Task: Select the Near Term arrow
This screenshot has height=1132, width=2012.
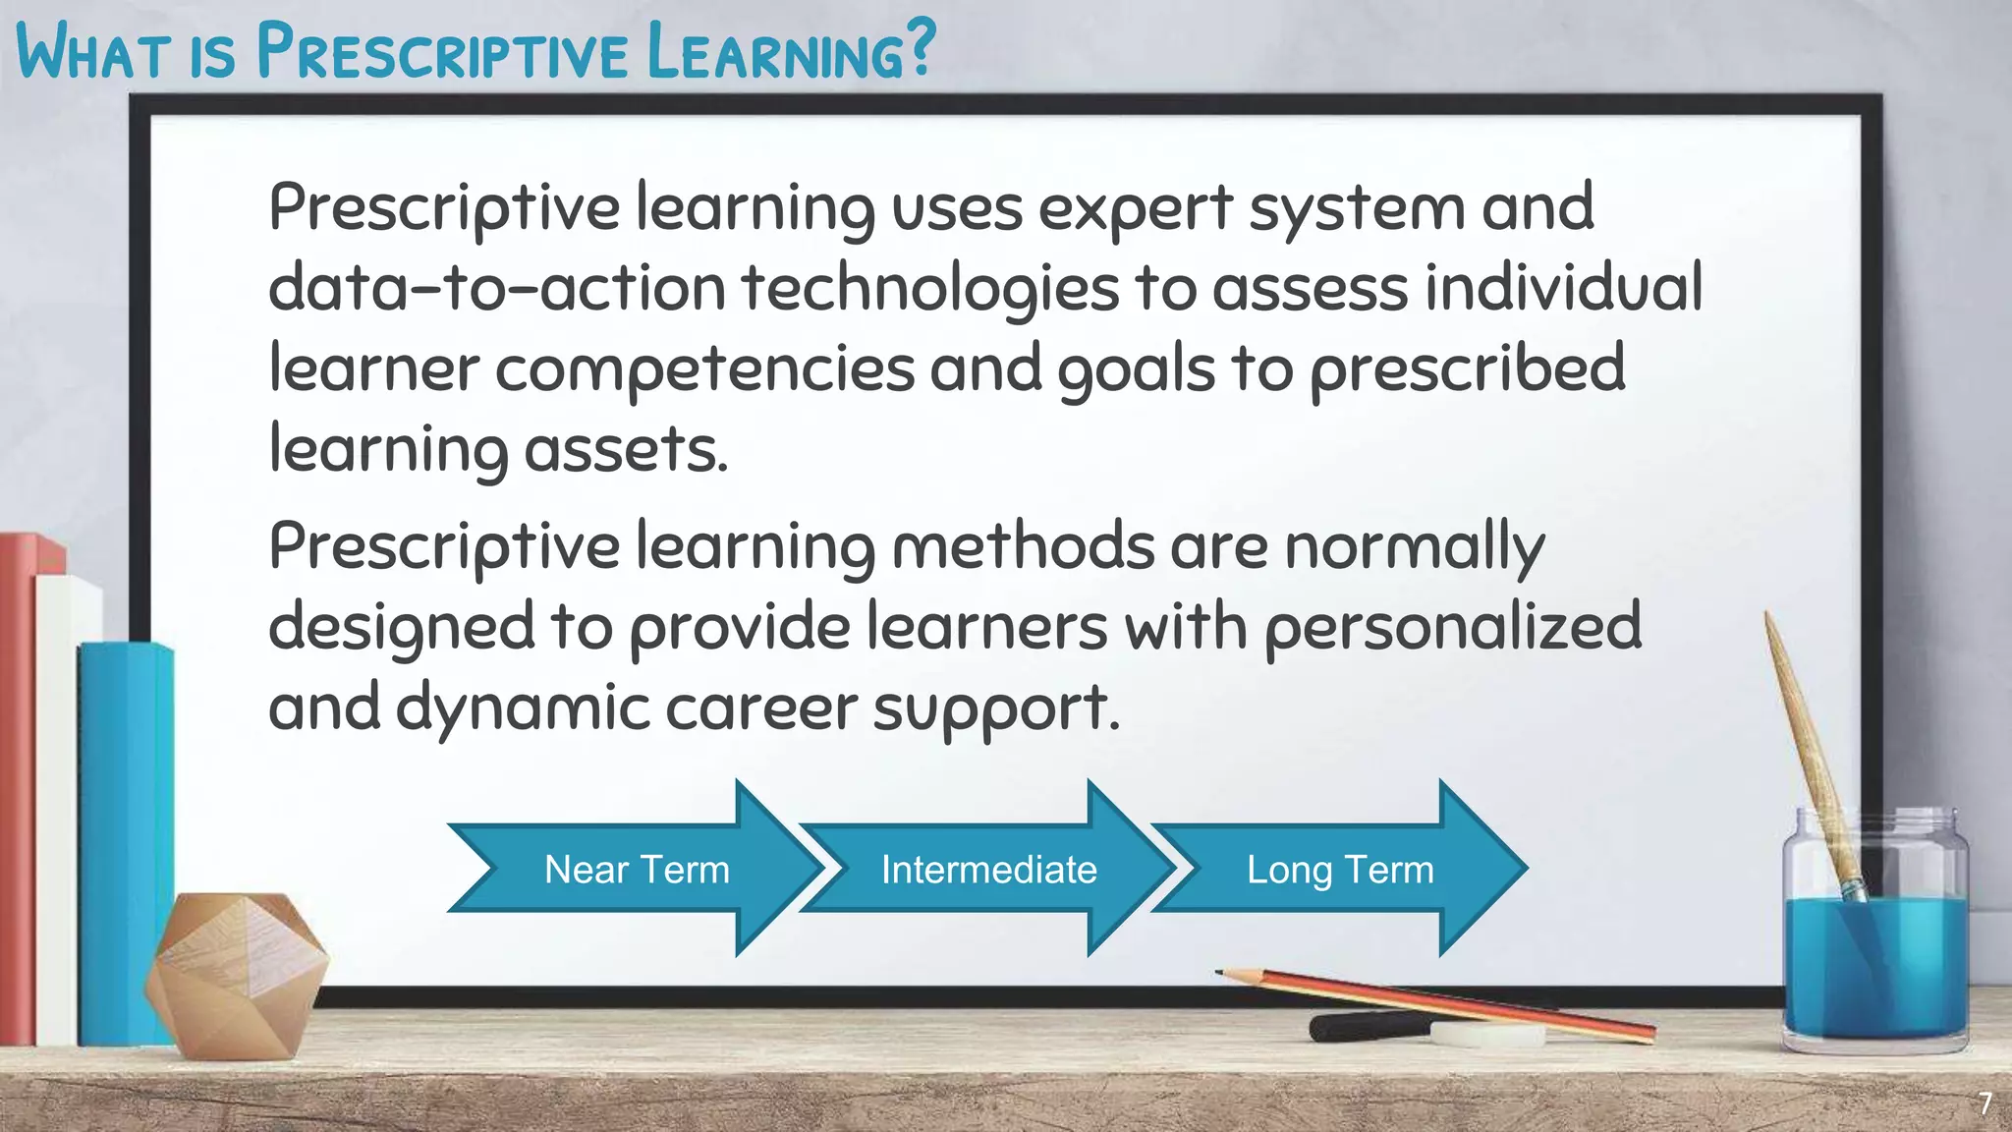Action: point(637,869)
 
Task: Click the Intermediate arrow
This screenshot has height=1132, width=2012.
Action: point(988,869)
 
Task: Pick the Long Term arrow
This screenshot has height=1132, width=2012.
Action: point(1340,869)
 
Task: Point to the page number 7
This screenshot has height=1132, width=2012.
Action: point(1984,1104)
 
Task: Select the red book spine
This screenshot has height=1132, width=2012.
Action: point(17,786)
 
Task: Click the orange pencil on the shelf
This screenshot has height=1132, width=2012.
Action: point(1444,1002)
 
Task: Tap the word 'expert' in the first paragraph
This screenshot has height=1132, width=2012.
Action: point(1135,208)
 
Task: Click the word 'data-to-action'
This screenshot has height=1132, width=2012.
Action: point(496,289)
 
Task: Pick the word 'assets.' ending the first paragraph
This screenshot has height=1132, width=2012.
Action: point(625,450)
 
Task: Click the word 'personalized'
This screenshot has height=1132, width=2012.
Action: point(1452,627)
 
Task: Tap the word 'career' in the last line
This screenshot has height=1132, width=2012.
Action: point(760,707)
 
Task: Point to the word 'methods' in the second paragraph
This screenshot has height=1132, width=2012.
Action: point(1022,546)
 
